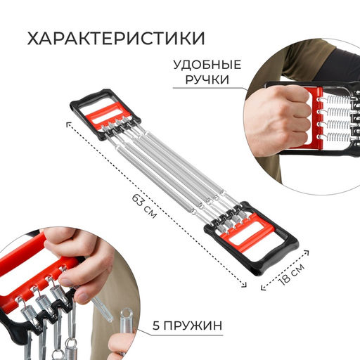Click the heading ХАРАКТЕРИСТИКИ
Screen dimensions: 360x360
tap(117, 37)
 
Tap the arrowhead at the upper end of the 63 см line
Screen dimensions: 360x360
tap(68, 124)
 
